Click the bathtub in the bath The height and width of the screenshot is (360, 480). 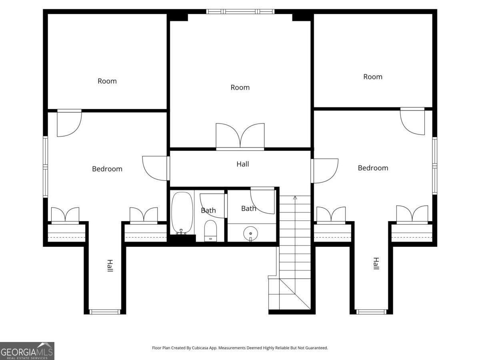click(x=182, y=213)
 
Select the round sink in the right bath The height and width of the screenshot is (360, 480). click(x=251, y=234)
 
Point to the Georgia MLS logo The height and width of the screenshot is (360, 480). click(x=27, y=351)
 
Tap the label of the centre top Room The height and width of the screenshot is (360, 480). click(x=240, y=88)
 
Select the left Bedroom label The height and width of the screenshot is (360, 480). click(x=107, y=169)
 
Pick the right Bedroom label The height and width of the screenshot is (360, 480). click(x=373, y=168)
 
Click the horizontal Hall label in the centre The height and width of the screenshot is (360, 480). click(x=242, y=164)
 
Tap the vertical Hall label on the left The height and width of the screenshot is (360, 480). click(x=110, y=266)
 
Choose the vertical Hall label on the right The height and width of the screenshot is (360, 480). click(x=376, y=263)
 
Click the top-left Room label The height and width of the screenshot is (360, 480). click(x=107, y=81)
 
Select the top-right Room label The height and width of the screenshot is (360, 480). click(x=373, y=77)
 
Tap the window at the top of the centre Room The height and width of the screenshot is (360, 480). click(x=240, y=12)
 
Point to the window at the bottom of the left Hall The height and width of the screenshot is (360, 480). click(x=105, y=312)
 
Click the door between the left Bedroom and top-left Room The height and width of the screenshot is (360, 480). click(x=69, y=123)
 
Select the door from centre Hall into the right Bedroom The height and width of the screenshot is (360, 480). click(x=324, y=171)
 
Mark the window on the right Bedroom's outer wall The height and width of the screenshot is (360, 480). click(x=435, y=166)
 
